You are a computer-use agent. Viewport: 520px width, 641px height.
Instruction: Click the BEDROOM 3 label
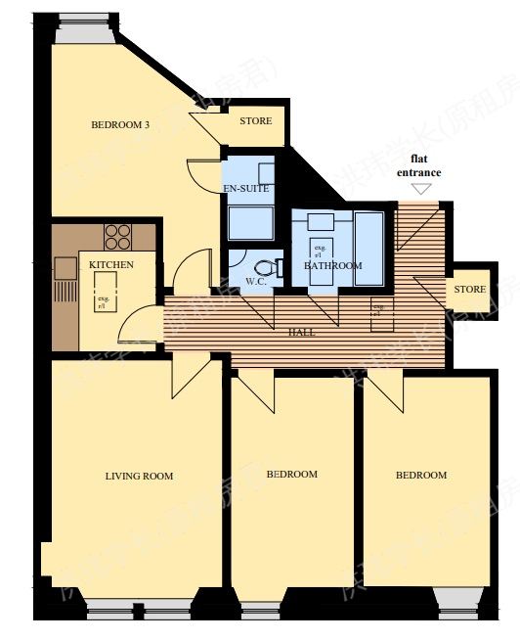pos(120,124)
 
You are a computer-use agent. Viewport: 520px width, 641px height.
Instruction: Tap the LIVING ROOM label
pos(139,477)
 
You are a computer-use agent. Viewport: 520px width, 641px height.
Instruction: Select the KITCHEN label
pos(110,265)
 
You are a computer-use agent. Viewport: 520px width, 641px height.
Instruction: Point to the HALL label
pos(302,334)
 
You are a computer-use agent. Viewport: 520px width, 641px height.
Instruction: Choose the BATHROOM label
pos(332,265)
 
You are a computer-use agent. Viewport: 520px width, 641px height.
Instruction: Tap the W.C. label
pos(256,282)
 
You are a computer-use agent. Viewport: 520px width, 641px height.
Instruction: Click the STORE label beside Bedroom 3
pos(256,121)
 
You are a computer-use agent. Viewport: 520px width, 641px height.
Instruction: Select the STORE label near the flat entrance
pos(469,290)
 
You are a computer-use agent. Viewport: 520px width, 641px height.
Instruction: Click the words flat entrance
pos(418,165)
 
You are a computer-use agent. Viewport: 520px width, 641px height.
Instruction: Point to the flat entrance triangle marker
pos(421,189)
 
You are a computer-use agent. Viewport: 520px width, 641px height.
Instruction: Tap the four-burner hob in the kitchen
pos(118,237)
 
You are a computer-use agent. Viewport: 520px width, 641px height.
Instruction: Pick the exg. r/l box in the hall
pos(377,312)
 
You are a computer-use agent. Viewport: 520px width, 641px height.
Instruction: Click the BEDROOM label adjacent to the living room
pos(293,475)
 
